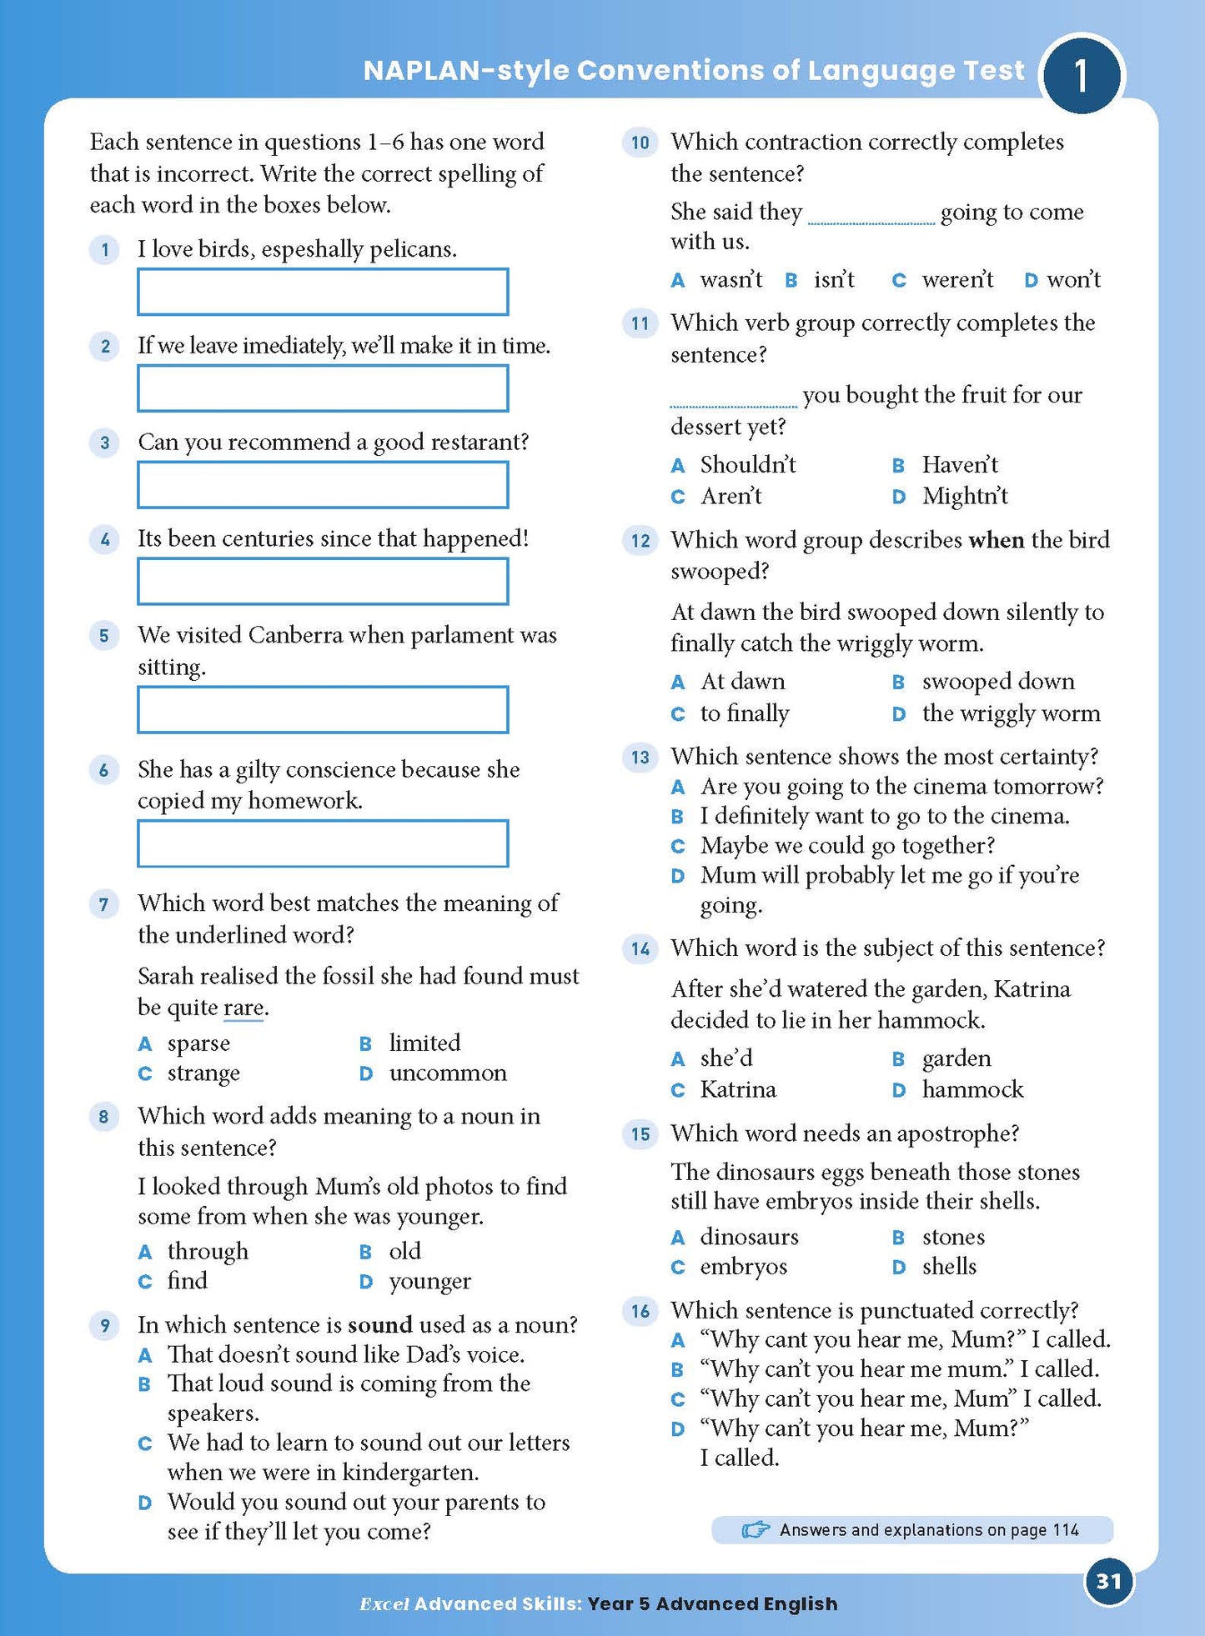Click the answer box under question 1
(323, 292)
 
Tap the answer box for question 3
(323, 485)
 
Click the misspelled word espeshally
(313, 249)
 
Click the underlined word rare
(244, 1008)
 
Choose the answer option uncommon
(447, 1073)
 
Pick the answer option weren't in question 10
(956, 279)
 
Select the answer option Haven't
(959, 464)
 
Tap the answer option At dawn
(742, 682)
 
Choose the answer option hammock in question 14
(972, 1089)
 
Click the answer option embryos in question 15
(743, 1267)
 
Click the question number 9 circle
(104, 1324)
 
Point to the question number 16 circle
(640, 1311)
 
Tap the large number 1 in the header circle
(1081, 75)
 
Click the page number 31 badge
(1108, 1581)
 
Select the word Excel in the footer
(384, 1604)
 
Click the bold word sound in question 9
(379, 1324)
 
